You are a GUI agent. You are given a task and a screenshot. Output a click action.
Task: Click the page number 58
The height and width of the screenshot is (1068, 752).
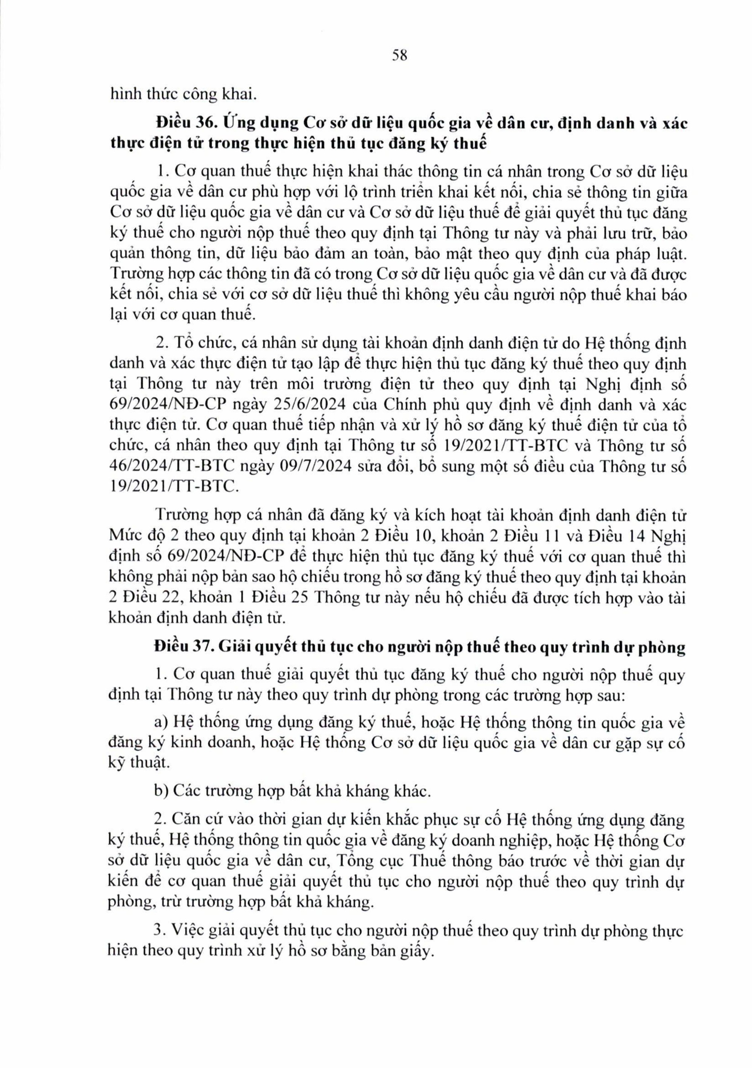click(399, 55)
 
